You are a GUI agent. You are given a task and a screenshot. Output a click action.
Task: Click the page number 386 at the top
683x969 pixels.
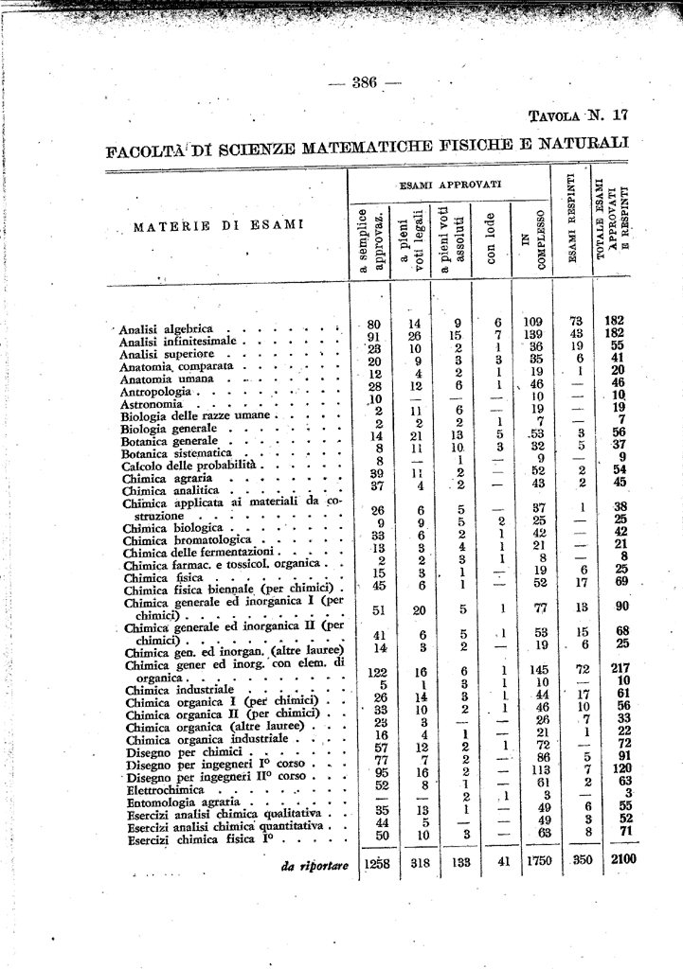tap(365, 82)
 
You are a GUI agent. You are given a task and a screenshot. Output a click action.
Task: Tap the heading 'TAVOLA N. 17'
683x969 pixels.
tap(577, 116)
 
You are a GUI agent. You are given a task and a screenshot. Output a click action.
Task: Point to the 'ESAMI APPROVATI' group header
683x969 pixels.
tap(450, 184)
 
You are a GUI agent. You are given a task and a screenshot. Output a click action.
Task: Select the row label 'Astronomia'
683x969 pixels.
tap(151, 404)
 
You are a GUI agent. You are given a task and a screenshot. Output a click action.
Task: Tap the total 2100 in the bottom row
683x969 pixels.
tap(620, 859)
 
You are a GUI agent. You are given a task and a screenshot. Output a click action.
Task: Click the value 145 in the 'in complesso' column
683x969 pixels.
tap(540, 670)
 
